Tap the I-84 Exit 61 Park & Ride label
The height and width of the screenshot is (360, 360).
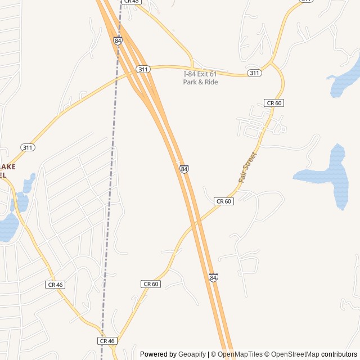(x=200, y=78)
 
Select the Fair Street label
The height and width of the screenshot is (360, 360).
(x=247, y=167)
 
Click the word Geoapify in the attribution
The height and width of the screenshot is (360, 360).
(x=192, y=354)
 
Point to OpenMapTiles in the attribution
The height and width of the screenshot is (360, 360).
(x=241, y=354)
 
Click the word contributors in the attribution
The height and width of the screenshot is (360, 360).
(x=339, y=354)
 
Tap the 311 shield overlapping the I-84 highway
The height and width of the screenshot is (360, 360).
(x=142, y=69)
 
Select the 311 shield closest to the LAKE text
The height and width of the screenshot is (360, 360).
(x=28, y=147)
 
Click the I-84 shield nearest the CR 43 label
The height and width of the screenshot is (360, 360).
(x=117, y=41)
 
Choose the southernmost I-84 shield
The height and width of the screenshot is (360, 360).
(x=213, y=278)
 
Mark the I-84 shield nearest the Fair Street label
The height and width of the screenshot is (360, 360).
(x=184, y=169)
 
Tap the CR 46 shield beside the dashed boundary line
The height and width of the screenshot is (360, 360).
(x=107, y=341)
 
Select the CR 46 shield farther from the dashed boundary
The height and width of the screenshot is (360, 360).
(x=55, y=285)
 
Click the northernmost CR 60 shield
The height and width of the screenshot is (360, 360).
(x=273, y=103)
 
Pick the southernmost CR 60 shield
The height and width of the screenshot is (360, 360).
(x=151, y=284)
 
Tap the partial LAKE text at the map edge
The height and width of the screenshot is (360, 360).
(x=8, y=166)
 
